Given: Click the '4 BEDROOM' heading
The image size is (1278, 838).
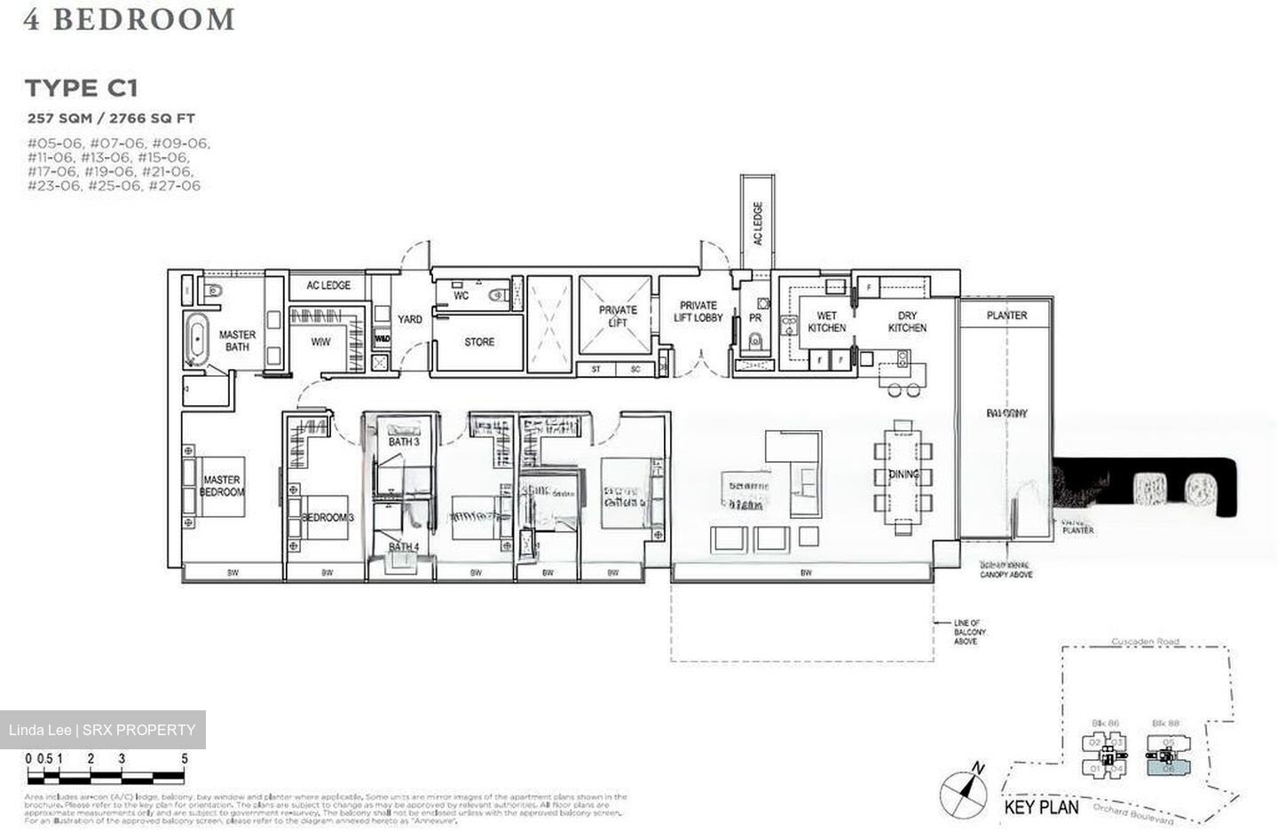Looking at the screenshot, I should [130, 20].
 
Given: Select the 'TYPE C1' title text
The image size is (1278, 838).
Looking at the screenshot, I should [81, 88].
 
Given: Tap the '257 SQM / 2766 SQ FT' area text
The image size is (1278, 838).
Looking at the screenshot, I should [111, 118].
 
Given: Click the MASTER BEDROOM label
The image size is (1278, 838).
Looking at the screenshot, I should [221, 486].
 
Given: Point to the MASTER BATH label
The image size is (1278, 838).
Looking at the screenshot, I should [237, 341].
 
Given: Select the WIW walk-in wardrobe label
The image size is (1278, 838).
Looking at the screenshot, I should [320, 341].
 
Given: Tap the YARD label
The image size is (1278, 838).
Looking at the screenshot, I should [409, 319].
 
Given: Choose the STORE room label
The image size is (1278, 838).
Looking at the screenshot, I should [479, 341].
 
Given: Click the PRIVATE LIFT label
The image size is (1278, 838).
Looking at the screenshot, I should [618, 317].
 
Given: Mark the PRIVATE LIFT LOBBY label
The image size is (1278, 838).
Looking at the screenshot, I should [698, 311].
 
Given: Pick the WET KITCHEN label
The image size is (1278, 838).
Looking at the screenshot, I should [826, 322].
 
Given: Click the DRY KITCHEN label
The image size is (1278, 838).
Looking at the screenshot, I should [907, 322].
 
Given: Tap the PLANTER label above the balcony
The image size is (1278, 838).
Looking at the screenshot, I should [1006, 315].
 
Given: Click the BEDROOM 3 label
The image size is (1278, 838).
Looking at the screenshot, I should [327, 517].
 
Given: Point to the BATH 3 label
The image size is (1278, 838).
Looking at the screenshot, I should [404, 442].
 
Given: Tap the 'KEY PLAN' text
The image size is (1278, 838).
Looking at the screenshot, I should [1041, 807].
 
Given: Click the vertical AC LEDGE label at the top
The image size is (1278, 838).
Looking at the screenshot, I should [757, 223].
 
